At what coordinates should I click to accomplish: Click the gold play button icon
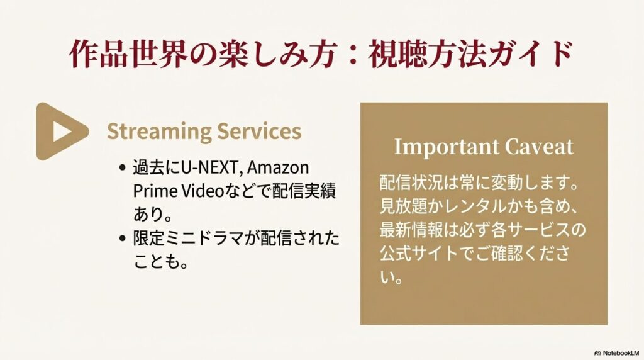(60, 131)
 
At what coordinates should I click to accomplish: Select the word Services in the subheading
(258, 131)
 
